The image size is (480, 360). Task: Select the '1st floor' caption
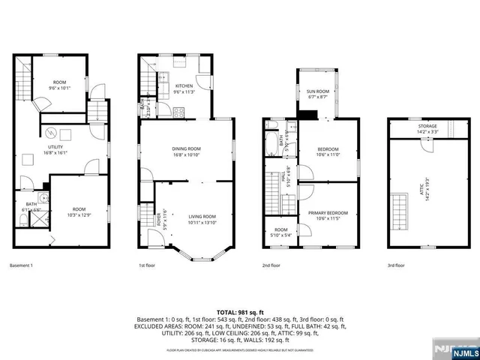coord(147,265)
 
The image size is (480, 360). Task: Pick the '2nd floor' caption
coord(271,265)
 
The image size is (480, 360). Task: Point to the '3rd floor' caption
coord(395,265)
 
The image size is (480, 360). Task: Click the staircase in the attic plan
coord(396,211)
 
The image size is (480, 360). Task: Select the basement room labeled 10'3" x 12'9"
coord(79,211)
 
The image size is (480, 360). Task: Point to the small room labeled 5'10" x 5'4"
coord(280,232)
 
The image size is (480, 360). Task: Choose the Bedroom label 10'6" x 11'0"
coord(327,151)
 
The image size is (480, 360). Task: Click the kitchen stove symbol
coord(178,112)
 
